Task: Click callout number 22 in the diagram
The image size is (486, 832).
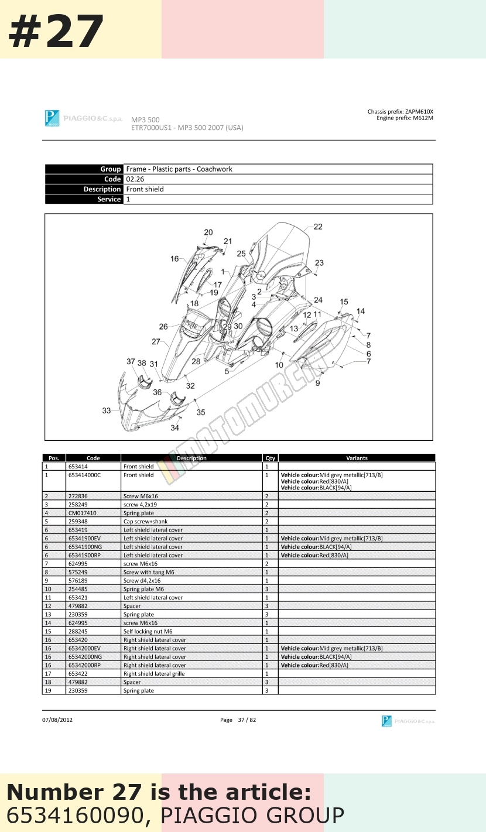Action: tap(318, 227)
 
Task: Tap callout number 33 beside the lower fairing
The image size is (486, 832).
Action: tap(106, 410)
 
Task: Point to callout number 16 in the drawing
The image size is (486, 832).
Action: tap(174, 259)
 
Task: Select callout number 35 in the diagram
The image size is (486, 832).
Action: tap(201, 412)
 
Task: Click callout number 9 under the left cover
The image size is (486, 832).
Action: tap(318, 383)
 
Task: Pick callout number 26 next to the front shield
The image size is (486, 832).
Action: tap(163, 327)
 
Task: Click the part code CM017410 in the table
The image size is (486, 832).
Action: tap(82, 513)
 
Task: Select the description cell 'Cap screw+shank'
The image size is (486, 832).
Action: tap(145, 522)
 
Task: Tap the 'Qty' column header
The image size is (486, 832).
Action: tap(270, 458)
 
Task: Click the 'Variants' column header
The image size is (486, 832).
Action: tap(357, 458)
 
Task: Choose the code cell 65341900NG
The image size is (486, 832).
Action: tap(85, 547)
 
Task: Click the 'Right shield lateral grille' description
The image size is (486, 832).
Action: tap(154, 674)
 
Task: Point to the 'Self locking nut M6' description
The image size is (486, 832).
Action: tap(148, 631)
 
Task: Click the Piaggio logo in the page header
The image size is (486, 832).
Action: tap(52, 118)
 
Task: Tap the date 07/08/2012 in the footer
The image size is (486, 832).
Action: tap(57, 720)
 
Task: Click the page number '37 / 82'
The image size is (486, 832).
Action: tap(247, 720)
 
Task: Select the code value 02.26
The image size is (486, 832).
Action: tap(135, 179)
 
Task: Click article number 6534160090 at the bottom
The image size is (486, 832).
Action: tap(75, 815)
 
